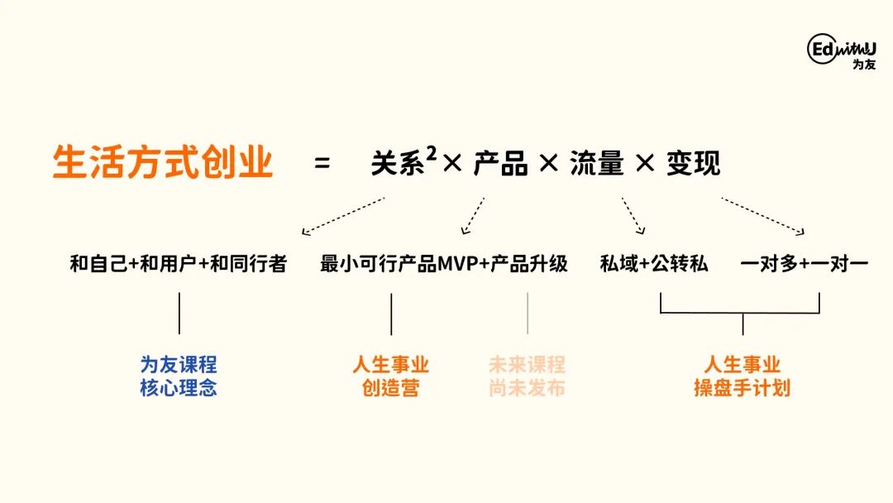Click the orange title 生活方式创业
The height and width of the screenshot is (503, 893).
(x=162, y=162)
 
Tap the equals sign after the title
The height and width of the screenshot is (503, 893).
(x=322, y=164)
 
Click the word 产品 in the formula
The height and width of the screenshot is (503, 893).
(x=500, y=164)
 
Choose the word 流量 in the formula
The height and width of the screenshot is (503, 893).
(x=596, y=164)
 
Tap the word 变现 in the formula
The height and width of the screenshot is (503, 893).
(x=693, y=164)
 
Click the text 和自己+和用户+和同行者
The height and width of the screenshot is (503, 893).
(x=179, y=264)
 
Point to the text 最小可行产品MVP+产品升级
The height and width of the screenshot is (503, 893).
(x=444, y=264)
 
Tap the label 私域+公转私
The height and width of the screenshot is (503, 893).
(x=654, y=264)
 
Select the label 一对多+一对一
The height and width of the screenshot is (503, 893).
(x=804, y=264)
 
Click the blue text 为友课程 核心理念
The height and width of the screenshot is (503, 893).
(x=179, y=376)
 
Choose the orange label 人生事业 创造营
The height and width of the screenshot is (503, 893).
(x=391, y=376)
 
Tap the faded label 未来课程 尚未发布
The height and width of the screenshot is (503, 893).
(x=527, y=376)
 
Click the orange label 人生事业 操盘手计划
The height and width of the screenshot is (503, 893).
(x=742, y=376)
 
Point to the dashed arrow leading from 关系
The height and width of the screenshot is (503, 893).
(x=343, y=215)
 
